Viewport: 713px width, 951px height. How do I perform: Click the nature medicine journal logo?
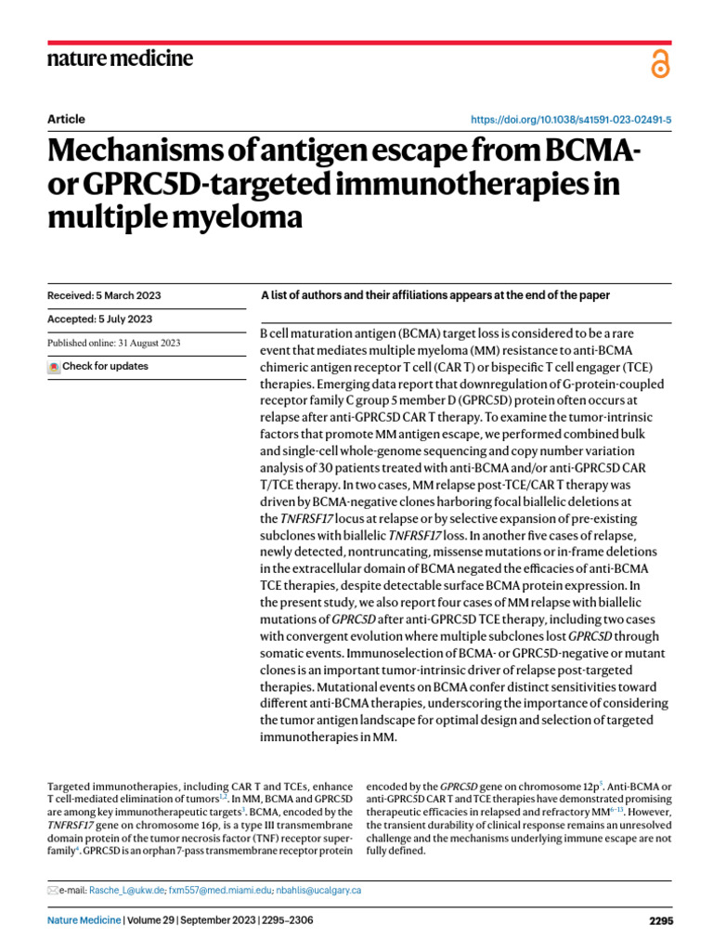pos(120,59)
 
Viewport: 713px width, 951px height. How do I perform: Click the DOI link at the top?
pos(573,121)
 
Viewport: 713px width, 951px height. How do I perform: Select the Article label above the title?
pos(65,119)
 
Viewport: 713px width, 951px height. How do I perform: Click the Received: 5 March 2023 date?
pos(103,295)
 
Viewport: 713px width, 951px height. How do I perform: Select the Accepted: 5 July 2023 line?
pos(99,319)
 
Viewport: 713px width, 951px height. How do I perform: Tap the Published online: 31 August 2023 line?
pos(114,343)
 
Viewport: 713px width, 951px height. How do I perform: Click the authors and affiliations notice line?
pos(435,295)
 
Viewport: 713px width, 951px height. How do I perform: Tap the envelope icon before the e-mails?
pos(52,891)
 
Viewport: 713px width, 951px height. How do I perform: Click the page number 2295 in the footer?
pos(660,921)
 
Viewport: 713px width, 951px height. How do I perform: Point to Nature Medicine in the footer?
pos(84,921)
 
